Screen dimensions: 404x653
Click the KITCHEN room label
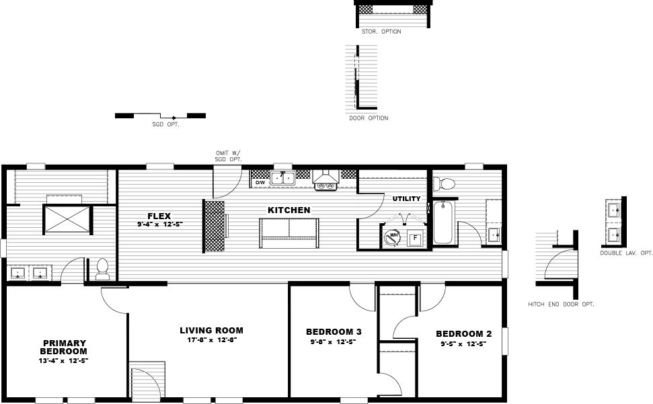pos(289,210)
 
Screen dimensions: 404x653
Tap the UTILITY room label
pos(406,199)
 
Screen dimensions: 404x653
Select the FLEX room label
pos(159,216)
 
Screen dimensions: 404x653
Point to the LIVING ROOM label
pos(211,331)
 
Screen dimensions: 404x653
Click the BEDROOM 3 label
pos(334,332)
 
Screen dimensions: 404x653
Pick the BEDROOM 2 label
pos(463,334)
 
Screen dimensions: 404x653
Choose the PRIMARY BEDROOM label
pos(63,347)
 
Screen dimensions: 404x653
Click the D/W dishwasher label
pos(259,182)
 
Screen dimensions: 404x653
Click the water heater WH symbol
pos(391,236)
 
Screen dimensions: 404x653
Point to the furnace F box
pos(415,238)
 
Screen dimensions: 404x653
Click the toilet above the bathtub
pos(444,182)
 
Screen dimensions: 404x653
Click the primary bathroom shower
pos(67,219)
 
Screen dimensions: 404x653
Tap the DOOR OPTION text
pos(369,118)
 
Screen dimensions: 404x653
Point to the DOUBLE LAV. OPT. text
pos(627,253)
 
